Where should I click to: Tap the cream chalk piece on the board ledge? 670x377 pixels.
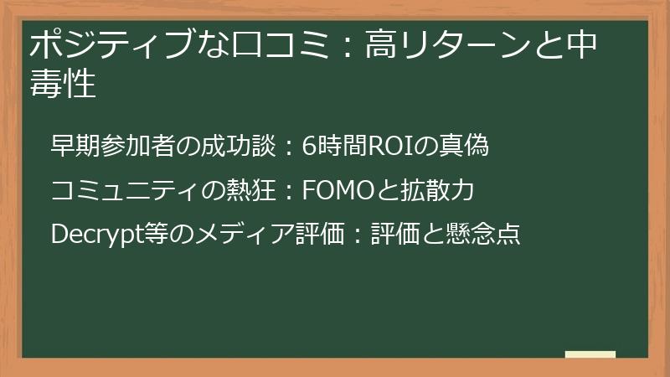[590, 354]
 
